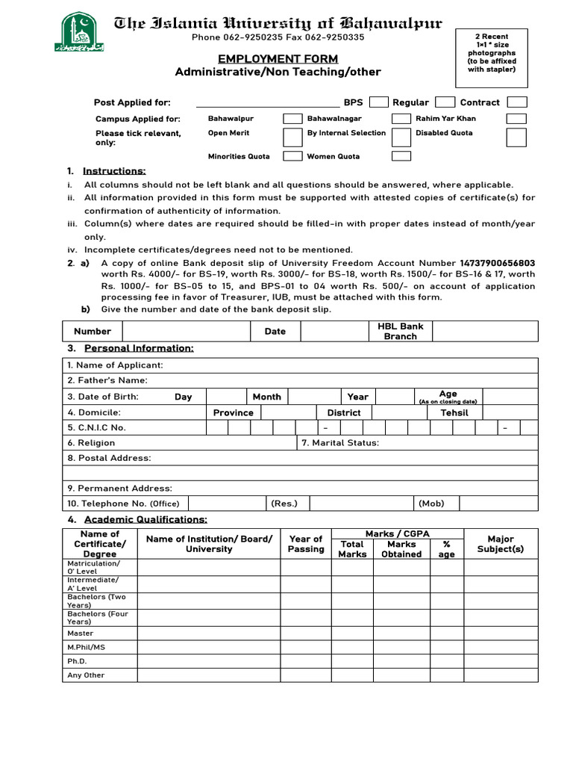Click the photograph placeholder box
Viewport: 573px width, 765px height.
pos(491,58)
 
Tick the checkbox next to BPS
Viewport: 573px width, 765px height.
pos(379,102)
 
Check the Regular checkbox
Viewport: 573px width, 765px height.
pos(445,102)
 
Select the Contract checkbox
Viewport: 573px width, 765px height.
pos(517,102)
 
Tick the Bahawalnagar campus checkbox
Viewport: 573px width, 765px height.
pos(401,119)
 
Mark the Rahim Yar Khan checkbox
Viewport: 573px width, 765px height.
pos(516,119)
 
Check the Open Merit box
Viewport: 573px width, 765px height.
pos(292,137)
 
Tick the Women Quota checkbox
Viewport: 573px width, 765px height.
pos(401,156)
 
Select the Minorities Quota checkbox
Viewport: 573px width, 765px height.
pos(292,156)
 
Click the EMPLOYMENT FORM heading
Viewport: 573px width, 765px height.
pos(278,59)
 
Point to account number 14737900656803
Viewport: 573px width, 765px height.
pos(498,263)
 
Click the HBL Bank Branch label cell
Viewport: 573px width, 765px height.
pos(401,331)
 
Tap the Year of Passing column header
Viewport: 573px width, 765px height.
pos(306,544)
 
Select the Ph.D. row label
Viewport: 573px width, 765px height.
pos(78,661)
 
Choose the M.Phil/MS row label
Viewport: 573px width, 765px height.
pos(87,647)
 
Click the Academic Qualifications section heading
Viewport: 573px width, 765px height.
pos(145,519)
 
